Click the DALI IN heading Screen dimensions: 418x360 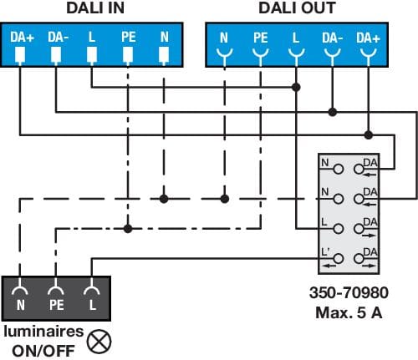[95, 8]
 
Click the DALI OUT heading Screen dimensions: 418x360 [297, 8]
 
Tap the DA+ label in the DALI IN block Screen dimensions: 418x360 [22, 37]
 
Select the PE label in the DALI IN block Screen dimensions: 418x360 [129, 37]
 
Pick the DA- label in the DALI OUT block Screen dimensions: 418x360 [333, 38]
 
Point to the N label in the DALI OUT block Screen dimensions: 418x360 [224, 38]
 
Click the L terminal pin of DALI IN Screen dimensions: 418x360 [92, 55]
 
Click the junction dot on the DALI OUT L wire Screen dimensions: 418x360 [296, 87]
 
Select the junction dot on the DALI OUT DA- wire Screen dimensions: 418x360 [333, 112]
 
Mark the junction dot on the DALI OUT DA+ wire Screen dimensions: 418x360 [369, 135]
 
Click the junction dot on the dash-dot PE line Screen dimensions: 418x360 [128, 229]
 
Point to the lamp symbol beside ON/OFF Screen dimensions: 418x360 [99, 342]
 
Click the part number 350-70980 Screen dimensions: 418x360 [349, 292]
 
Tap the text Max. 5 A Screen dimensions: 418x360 [349, 312]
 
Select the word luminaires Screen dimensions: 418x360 [43, 332]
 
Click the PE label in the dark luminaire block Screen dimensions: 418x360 [57, 305]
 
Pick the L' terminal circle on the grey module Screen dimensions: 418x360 [339, 259]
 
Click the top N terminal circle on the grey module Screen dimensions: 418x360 [339, 169]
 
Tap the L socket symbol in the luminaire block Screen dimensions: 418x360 [92, 290]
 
